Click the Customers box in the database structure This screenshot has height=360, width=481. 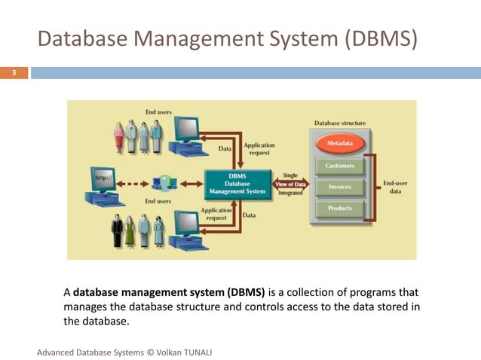point(339,165)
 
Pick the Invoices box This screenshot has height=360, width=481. point(339,186)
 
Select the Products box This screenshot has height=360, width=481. point(339,208)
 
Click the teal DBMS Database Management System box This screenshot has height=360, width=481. point(237,183)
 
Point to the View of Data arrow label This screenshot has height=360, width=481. point(290,184)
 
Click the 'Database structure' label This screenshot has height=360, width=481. point(340,123)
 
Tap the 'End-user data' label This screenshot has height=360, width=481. point(397,187)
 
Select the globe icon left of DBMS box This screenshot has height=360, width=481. point(161,183)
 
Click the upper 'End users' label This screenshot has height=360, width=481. point(158,112)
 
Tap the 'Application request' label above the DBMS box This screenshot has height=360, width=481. point(259,148)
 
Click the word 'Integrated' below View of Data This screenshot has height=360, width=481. point(290,193)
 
